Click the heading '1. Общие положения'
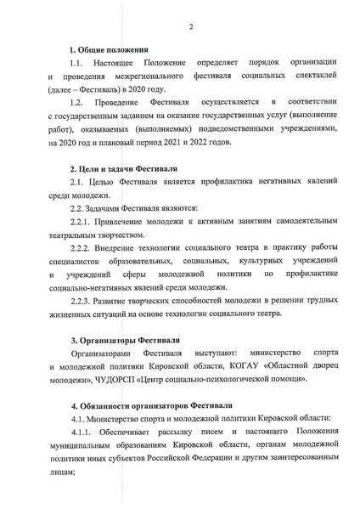[109, 49]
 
